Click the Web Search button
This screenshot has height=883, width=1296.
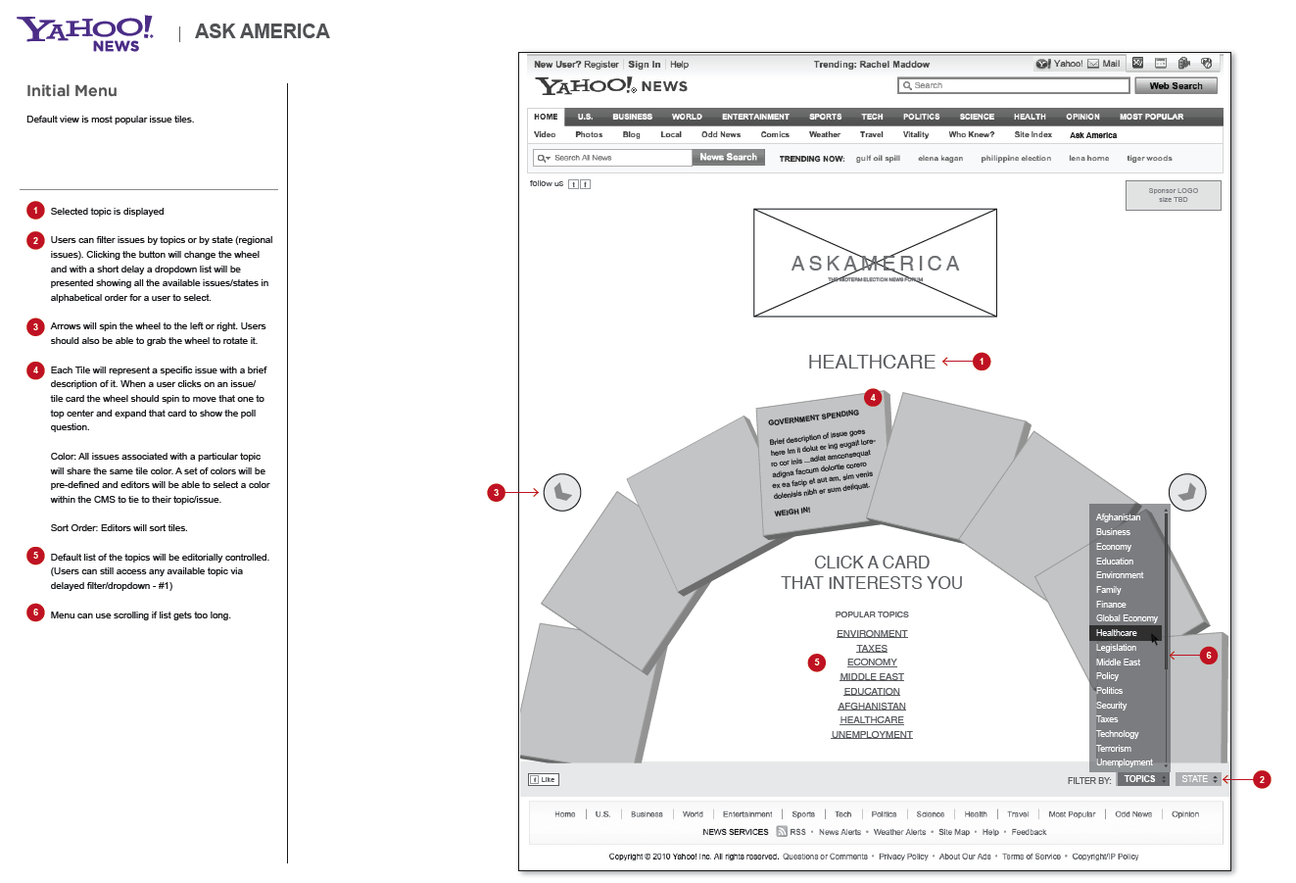(1176, 86)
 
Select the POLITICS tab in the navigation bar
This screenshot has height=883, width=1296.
(921, 117)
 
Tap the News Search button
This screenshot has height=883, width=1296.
(728, 157)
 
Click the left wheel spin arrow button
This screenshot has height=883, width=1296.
(561, 492)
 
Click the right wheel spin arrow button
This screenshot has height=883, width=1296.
(1187, 492)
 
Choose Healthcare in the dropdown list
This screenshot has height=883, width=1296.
(1117, 633)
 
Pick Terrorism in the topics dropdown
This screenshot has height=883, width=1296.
(1114, 749)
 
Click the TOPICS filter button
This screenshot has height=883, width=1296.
(1143, 779)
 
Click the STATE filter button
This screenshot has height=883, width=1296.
(1198, 779)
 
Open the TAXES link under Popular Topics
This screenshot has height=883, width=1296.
(872, 648)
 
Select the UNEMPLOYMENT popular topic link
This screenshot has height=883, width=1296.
(872, 735)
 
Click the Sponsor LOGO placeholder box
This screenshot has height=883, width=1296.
(1173, 195)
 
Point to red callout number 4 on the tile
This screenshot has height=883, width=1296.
(873, 398)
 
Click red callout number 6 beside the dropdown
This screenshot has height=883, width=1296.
(1208, 656)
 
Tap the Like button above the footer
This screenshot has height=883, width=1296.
(543, 780)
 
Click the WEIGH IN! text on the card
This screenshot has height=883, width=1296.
(792, 512)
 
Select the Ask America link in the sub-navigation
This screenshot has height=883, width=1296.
(1093, 135)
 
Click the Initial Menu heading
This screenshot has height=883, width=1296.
(72, 91)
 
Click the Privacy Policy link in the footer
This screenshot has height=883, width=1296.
(903, 857)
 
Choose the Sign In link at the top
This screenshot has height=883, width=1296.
(645, 65)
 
